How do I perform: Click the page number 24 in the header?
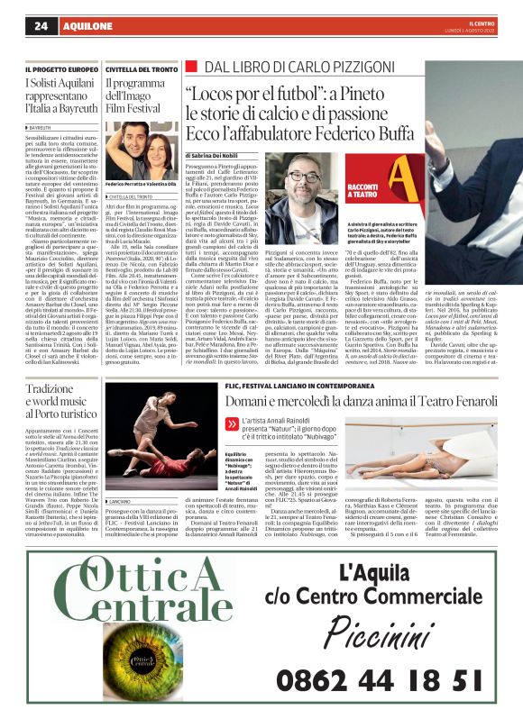coord(41,26)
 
